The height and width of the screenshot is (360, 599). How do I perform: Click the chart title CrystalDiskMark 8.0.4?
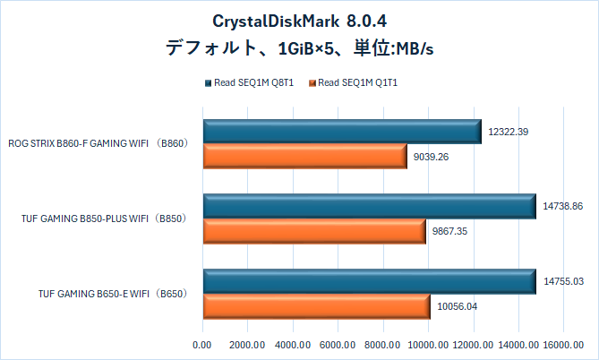coord(299,21)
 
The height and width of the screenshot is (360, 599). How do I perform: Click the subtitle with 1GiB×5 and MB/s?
coord(299,47)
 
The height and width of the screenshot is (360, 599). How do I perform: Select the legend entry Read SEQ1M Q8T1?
coord(254,84)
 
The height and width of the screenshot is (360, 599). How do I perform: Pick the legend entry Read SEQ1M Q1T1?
coord(357,84)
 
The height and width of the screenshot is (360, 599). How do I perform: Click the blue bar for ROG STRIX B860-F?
coord(342,132)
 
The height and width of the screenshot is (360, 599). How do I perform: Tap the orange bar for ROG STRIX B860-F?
coord(305,156)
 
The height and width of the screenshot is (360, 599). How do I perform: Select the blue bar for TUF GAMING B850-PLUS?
coord(369,206)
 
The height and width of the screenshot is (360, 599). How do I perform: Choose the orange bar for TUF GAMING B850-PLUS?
coord(314,231)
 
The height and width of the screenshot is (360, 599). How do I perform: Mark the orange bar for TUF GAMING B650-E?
coord(317,305)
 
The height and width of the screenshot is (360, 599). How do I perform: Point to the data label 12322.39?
coord(509,132)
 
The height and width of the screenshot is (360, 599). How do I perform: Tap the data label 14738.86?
coord(563,206)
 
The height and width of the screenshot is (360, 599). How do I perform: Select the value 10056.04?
coord(458,305)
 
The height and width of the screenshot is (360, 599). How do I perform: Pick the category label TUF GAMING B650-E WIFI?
coord(111,293)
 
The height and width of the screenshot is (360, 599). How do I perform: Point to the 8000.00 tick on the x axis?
coord(383,344)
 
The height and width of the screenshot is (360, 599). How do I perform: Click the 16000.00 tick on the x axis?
coord(564,344)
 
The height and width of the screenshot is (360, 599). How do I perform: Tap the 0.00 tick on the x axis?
coord(202,344)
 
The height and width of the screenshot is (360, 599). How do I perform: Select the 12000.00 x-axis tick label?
coord(474,344)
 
